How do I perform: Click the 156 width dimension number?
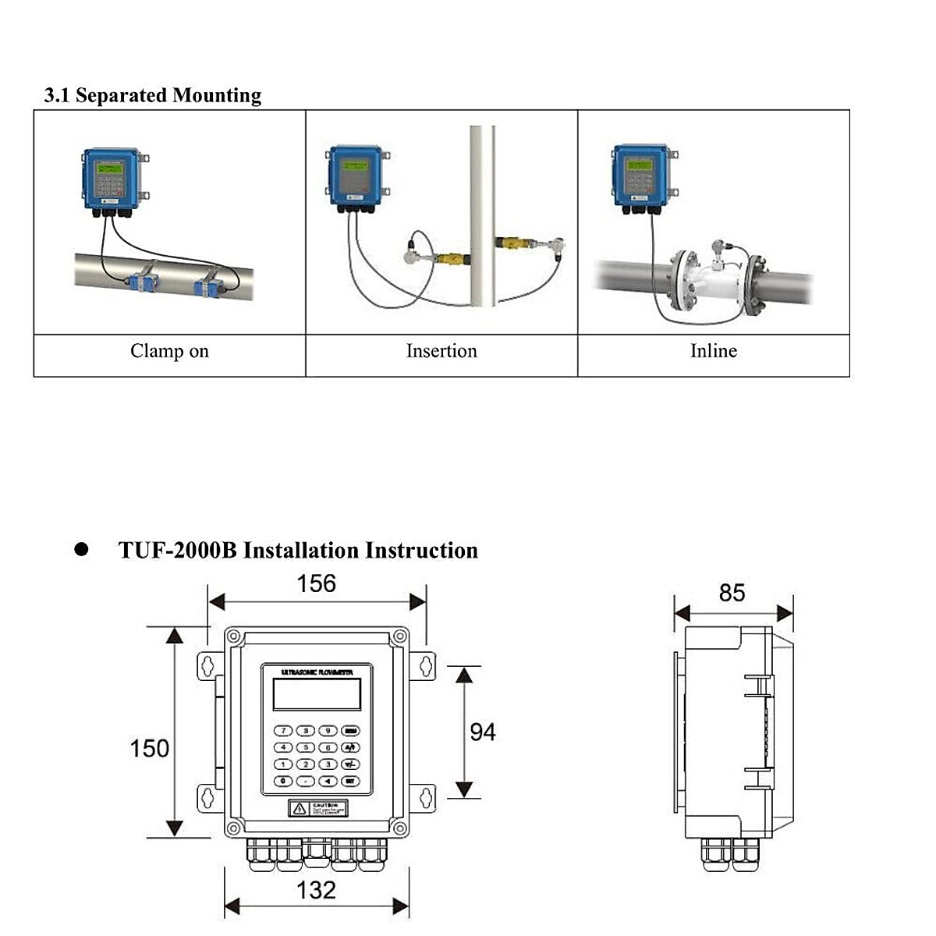click(316, 583)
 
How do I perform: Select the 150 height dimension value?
click(149, 748)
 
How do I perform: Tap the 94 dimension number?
click(482, 732)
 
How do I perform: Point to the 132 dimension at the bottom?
click(316, 890)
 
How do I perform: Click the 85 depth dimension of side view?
click(732, 593)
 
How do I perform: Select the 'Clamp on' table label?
click(169, 351)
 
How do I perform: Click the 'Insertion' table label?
click(441, 351)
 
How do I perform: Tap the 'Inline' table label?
click(713, 351)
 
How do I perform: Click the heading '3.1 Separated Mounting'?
click(153, 95)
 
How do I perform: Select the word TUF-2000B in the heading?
click(177, 550)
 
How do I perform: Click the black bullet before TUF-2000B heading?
click(81, 549)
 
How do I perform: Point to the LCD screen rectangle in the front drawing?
click(317, 693)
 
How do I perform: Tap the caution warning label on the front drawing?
click(317, 808)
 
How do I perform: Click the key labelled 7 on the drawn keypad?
click(284, 731)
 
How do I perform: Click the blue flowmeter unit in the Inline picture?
click(640, 175)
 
